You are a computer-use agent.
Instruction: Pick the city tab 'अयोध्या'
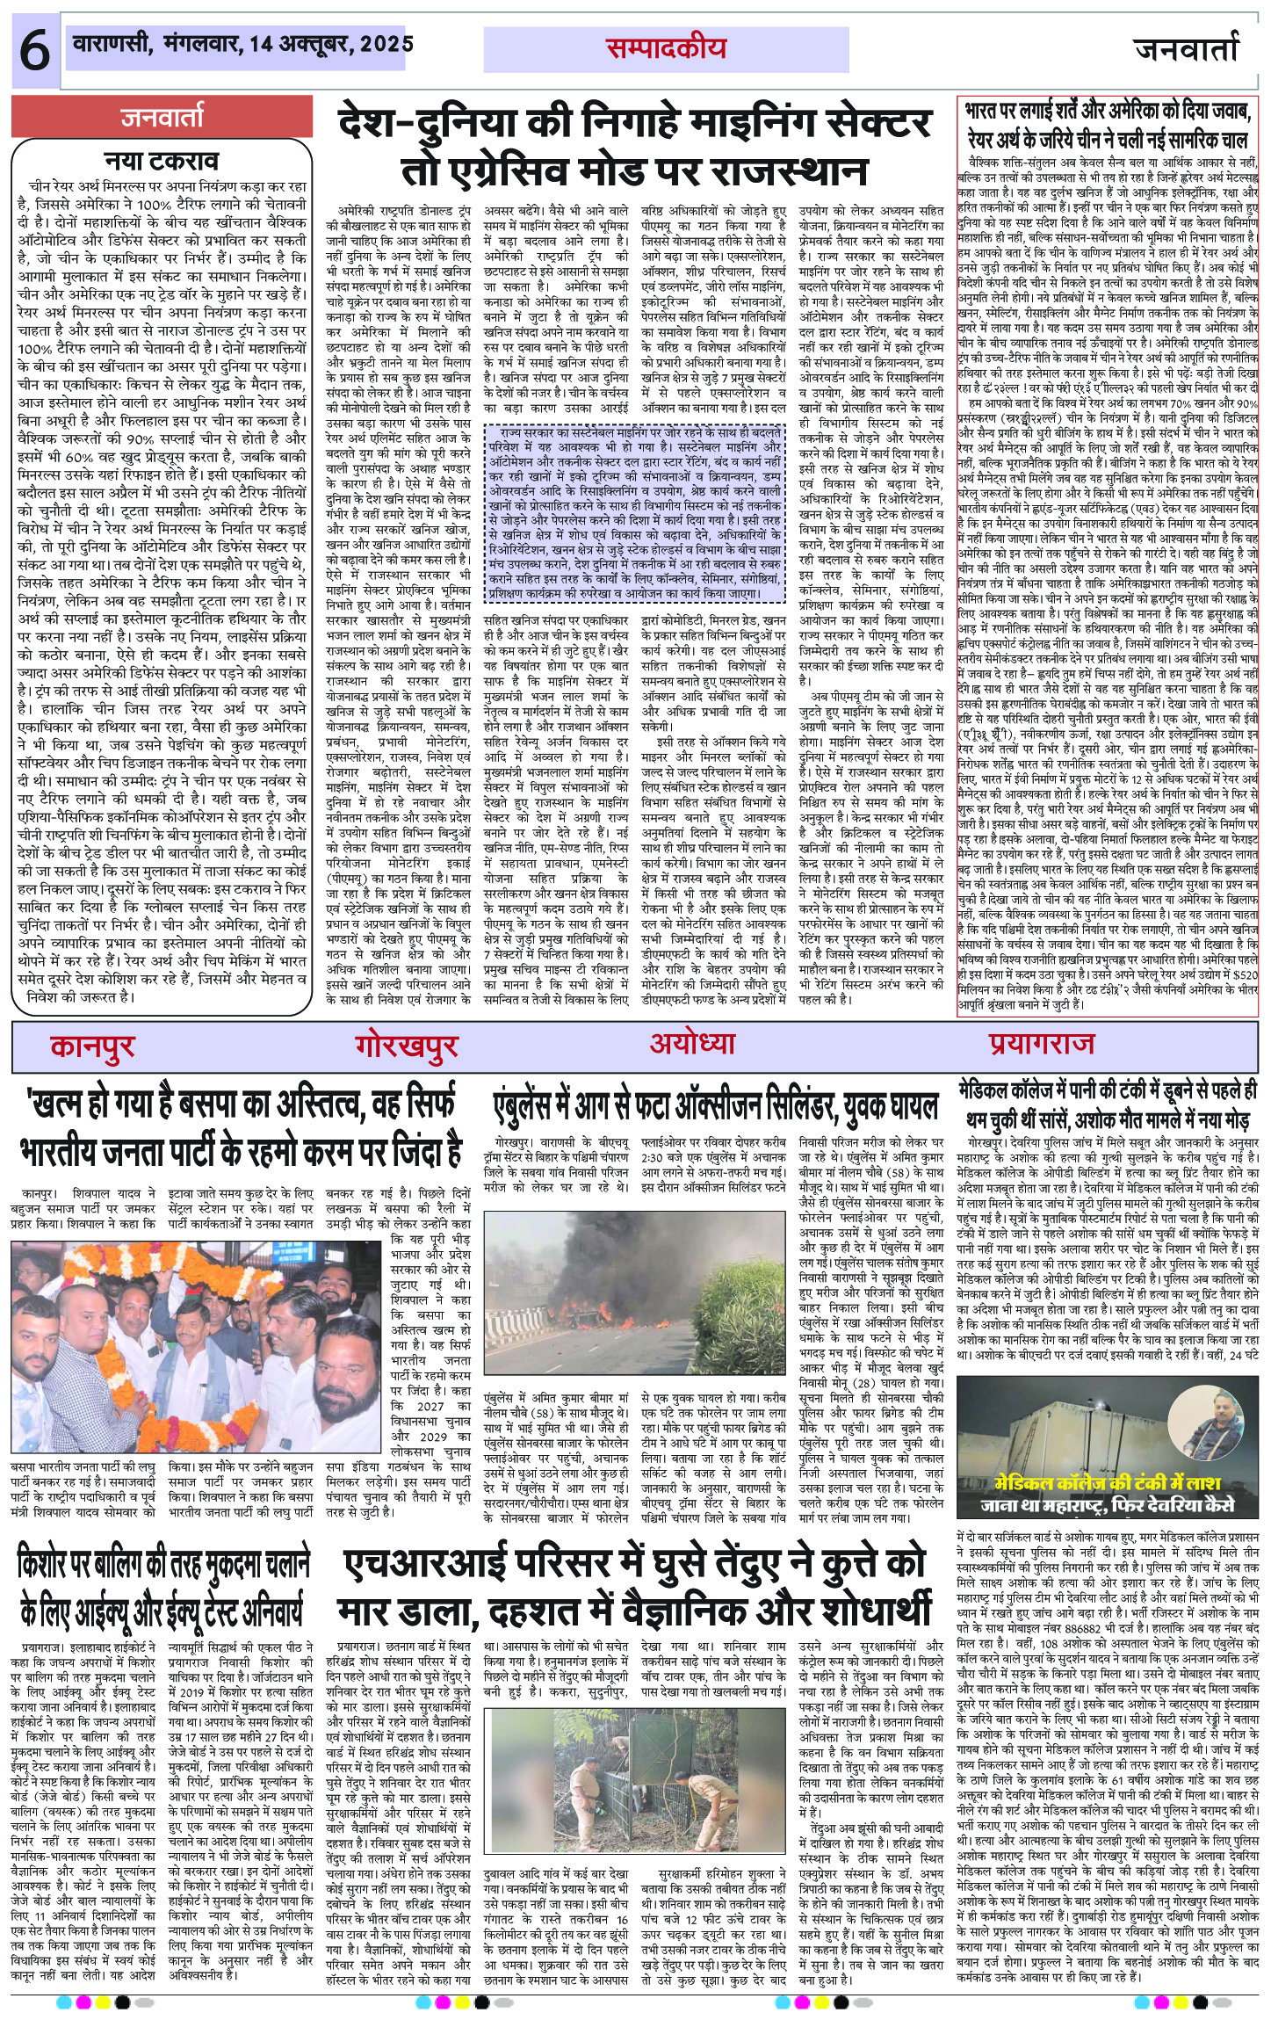691,1044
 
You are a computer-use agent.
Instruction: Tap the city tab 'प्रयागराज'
1041,1044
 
